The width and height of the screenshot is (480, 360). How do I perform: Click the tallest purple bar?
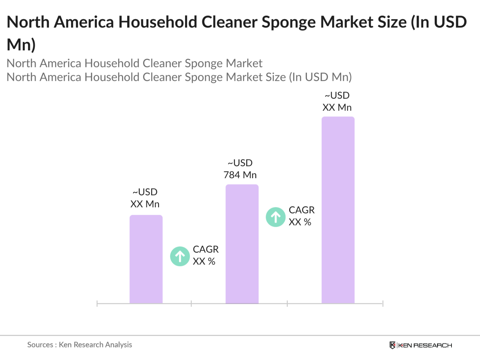338,210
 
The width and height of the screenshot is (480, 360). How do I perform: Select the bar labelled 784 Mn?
242,244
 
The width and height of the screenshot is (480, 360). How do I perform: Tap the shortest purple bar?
146,259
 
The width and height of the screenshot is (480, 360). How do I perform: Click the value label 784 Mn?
240,175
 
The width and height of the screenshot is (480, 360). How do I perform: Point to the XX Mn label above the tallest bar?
337,107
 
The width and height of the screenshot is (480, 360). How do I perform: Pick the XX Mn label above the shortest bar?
145,204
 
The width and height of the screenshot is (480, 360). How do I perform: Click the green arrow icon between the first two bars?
180,256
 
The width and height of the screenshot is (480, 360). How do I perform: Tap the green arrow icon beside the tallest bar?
276,217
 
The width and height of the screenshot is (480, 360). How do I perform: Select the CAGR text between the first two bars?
205,249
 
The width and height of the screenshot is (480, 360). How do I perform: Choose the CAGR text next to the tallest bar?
302,210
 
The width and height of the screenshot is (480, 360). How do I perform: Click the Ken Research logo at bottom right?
421,345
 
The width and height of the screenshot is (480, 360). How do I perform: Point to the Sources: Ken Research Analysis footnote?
79,345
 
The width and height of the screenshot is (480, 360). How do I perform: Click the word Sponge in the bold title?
288,22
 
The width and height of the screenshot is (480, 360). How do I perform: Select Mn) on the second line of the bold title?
21,45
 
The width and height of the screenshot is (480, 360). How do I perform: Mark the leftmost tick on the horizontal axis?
97,304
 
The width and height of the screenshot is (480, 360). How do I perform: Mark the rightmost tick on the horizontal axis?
383,304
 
